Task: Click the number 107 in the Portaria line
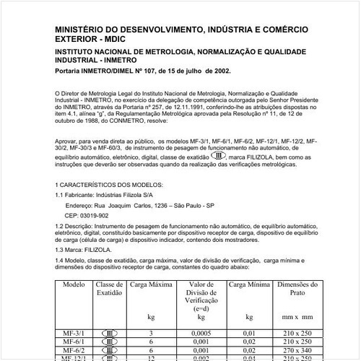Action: (x=145, y=71)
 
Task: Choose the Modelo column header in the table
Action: (x=74, y=286)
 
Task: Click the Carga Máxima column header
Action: (x=150, y=286)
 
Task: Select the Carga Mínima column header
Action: (x=249, y=286)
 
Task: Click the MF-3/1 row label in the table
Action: (x=74, y=334)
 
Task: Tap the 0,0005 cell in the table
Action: (x=201, y=334)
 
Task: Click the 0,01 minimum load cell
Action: (x=249, y=334)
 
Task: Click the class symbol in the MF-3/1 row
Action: (x=110, y=334)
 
